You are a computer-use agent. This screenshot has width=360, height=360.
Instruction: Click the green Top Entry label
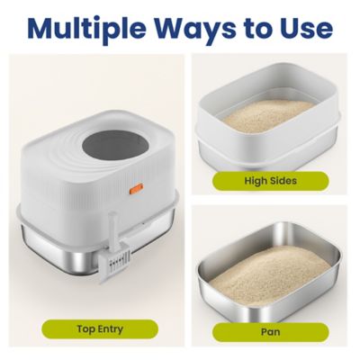(x=99, y=328)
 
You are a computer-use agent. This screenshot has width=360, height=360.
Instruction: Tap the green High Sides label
(x=271, y=180)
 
